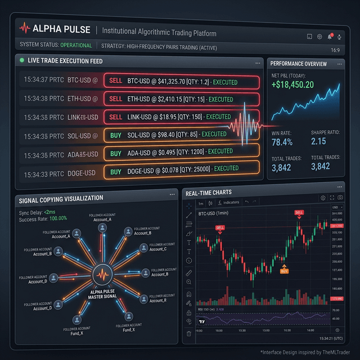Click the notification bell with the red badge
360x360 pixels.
point(331,37)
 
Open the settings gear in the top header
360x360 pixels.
point(319,37)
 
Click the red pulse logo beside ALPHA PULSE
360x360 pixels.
point(25,28)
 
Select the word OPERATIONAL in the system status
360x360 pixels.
point(76,45)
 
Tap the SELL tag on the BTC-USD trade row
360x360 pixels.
point(115,82)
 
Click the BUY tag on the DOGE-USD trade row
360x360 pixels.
point(115,168)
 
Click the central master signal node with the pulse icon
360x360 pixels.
point(103,274)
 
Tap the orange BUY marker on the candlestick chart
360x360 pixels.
point(284,271)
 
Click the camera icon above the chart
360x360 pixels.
point(340,198)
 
